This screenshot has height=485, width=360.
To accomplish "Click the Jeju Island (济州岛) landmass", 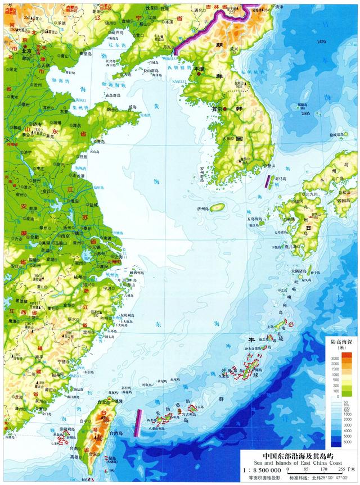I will click(218, 207).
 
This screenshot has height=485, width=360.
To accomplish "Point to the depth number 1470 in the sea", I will click(321, 43).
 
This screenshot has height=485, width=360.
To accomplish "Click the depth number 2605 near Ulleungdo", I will click(305, 114).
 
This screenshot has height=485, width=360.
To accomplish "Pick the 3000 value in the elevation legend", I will click(335, 358).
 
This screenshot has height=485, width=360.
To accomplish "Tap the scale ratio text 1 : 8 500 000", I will click(258, 469).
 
